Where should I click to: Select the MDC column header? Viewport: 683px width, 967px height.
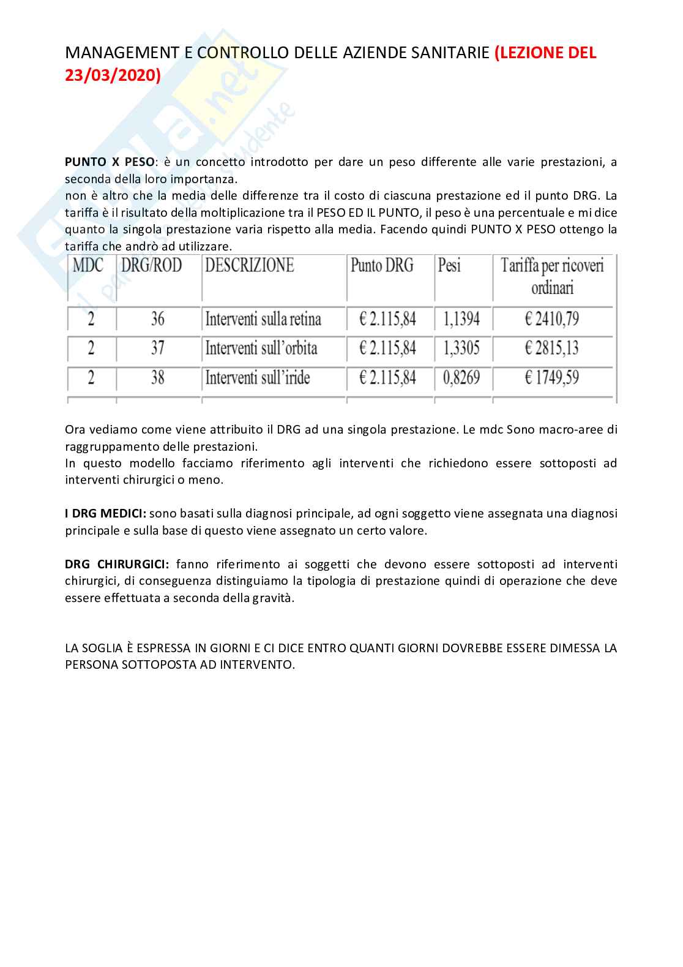(x=88, y=265)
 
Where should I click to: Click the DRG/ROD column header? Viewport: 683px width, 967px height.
(x=152, y=265)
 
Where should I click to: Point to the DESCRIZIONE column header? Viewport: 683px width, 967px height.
(x=250, y=265)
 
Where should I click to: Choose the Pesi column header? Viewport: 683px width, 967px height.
(x=449, y=265)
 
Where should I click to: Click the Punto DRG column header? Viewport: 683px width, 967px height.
(x=382, y=265)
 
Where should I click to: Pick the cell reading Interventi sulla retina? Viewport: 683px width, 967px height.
(x=263, y=319)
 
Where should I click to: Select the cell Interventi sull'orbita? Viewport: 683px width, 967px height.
(x=261, y=348)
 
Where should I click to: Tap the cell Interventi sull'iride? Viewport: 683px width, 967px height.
(x=258, y=378)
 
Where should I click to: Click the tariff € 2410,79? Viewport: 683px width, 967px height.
(x=551, y=319)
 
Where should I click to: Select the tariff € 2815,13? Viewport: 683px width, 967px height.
(x=551, y=348)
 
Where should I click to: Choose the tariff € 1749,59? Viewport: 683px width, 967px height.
(x=551, y=378)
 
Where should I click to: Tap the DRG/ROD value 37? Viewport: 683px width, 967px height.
(x=157, y=348)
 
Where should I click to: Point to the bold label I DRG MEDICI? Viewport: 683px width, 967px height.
(x=105, y=513)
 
